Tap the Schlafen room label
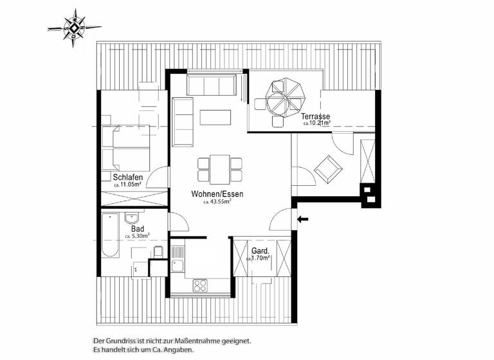128,177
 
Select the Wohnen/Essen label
217,194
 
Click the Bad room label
137,228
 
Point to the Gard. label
260,251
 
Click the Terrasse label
315,116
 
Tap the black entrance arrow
303,219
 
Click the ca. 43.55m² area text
217,201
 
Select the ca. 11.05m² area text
128,184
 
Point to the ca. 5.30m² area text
137,236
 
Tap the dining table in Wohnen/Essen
220,168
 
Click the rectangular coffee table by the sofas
215,118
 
